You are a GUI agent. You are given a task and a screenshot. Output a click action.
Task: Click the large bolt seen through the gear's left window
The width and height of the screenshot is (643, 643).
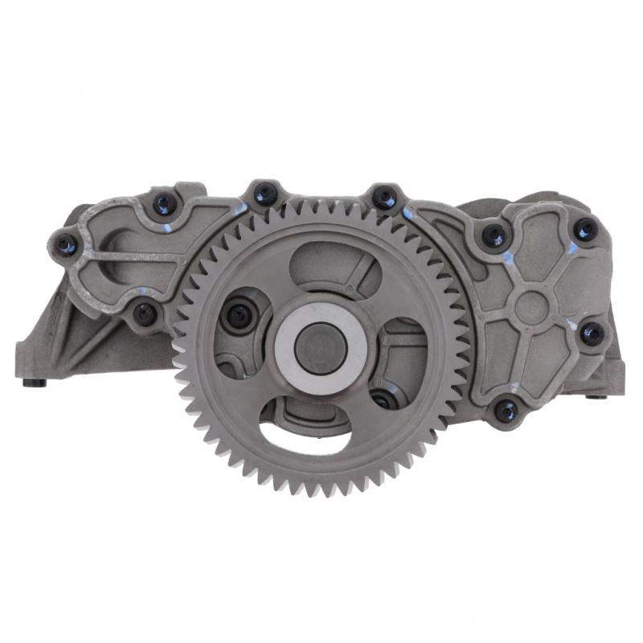[239, 316]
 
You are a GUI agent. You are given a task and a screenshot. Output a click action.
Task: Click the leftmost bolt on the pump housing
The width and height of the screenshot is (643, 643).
[65, 244]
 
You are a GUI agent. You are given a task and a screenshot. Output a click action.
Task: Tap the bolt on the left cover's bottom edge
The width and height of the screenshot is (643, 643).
[145, 313]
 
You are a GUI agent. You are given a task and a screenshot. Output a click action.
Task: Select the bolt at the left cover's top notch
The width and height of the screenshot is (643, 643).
[165, 203]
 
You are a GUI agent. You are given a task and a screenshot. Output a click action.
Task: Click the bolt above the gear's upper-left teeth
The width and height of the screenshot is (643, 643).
[265, 194]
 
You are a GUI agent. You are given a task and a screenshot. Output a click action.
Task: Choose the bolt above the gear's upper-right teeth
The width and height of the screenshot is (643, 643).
[385, 198]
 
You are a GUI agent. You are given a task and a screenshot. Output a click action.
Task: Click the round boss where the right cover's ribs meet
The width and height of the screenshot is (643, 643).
[531, 306]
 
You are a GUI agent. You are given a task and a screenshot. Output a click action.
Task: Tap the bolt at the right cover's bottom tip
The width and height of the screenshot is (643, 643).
[506, 411]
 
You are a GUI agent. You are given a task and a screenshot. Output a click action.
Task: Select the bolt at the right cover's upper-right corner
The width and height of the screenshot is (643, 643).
[586, 230]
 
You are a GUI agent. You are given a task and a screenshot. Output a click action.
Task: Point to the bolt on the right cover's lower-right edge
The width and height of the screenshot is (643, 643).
[592, 333]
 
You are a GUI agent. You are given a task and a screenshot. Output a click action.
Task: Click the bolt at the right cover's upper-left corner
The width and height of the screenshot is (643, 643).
[493, 235]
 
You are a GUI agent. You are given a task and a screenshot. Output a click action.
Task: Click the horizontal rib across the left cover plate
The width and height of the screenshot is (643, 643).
[129, 257]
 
